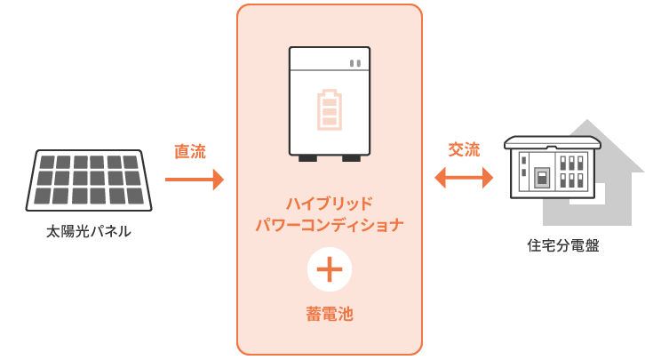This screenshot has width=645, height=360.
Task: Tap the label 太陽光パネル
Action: click(89, 232)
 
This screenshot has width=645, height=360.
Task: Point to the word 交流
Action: click(463, 149)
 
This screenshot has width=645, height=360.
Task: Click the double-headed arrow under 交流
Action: click(464, 179)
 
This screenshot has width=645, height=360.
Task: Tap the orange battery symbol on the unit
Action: click(329, 109)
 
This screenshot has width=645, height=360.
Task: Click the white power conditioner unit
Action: click(329, 100)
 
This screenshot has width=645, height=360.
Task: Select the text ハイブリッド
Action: click(329, 202)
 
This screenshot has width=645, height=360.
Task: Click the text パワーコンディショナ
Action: click(329, 225)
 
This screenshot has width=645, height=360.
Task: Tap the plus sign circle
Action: click(329, 269)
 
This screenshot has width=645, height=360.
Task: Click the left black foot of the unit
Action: click(307, 158)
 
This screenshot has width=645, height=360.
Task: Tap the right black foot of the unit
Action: click(352, 158)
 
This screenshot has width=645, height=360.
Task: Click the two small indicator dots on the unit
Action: click(354, 63)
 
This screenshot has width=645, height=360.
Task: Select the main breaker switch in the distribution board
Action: click(538, 175)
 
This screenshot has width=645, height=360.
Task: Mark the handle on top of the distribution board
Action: click(552, 140)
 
